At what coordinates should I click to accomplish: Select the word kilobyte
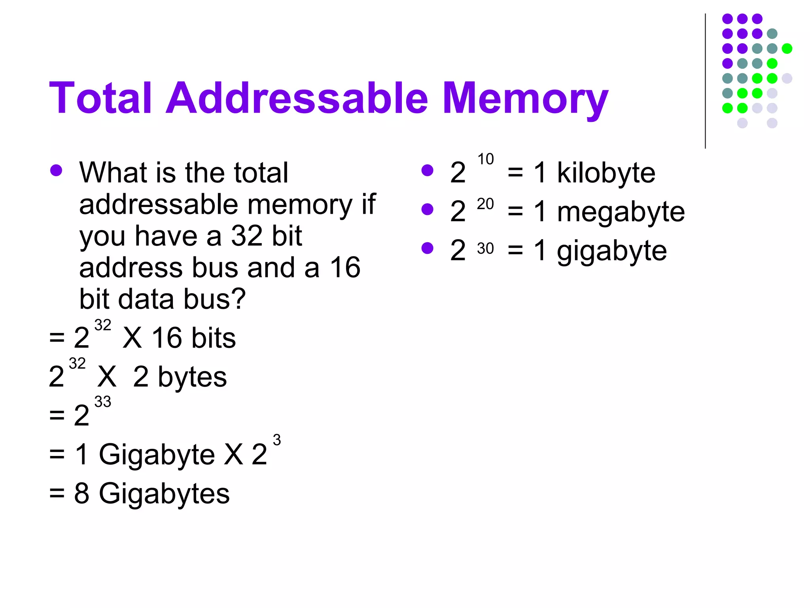click(x=606, y=173)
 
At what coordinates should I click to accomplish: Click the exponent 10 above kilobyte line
click(x=485, y=159)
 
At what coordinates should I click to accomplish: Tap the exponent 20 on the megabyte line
click(x=485, y=204)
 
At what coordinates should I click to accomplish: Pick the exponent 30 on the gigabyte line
click(x=485, y=249)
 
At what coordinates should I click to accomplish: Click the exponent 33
click(x=103, y=402)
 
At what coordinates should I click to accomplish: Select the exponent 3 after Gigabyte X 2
click(x=277, y=440)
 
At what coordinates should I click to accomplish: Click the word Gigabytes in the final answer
click(x=164, y=494)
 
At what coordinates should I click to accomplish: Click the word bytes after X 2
click(x=192, y=377)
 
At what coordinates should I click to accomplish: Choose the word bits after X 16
click(x=214, y=338)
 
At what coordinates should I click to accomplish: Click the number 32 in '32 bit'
click(x=247, y=236)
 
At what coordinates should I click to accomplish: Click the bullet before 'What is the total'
click(x=56, y=171)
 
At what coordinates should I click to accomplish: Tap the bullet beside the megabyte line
click(x=427, y=209)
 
